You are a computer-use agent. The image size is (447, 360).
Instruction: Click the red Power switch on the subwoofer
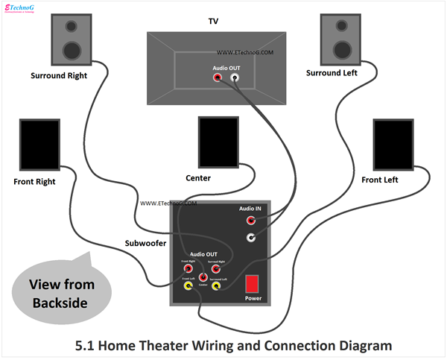[253, 284]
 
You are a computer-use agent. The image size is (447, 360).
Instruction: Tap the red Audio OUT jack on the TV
[218, 76]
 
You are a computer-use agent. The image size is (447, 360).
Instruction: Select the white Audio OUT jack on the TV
[235, 76]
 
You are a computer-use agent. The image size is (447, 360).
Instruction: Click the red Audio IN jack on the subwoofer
[251, 221]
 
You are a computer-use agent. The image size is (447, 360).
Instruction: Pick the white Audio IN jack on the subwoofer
[251, 238]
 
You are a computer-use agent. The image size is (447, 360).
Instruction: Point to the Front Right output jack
[188, 268]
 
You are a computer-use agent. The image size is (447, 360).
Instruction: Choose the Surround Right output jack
[216, 268]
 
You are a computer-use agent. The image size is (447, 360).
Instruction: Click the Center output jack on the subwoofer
[203, 277]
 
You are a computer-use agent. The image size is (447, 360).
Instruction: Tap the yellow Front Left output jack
[188, 285]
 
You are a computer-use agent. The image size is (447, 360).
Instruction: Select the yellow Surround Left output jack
[216, 285]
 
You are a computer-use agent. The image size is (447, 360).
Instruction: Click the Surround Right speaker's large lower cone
[72, 51]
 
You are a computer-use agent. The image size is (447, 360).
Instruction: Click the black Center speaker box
[218, 142]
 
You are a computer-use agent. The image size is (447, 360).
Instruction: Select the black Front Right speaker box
[39, 145]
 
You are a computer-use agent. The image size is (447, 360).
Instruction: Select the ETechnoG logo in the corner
[22, 8]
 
